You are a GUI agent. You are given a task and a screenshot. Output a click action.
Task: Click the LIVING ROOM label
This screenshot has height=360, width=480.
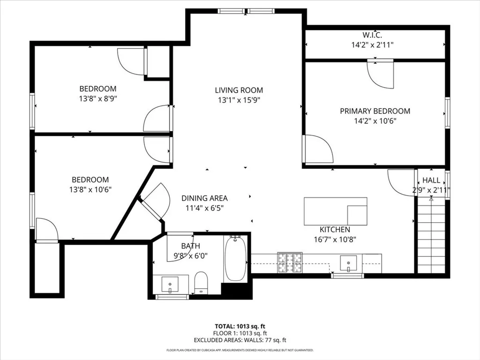pos(239,90)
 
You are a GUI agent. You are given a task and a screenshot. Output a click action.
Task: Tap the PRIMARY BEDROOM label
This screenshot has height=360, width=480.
pos(375,111)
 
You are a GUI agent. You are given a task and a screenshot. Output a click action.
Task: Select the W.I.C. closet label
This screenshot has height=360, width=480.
pos(372,35)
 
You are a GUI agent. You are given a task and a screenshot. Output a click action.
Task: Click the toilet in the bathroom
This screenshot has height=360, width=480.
pos(201,283)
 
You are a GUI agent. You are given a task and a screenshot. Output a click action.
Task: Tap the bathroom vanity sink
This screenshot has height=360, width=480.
pos(169,284)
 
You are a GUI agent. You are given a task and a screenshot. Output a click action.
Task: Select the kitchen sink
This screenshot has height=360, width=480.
pos(348,263)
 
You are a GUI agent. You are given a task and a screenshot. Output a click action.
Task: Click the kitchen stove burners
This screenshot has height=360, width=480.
pos(290,262)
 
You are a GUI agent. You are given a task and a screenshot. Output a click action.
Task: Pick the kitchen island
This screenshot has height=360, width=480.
pos(335,211)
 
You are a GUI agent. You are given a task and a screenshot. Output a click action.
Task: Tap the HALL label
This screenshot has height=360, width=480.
pos(431,180)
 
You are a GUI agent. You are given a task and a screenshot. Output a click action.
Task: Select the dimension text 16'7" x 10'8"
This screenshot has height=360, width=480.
pos(335,239)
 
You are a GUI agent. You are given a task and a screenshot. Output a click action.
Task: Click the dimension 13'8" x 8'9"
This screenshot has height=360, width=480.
pos(97,99)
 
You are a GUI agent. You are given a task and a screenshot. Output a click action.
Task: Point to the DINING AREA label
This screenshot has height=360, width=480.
pos(204,198)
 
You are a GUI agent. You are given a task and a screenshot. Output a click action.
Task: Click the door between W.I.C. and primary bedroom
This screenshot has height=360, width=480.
pos(380,74)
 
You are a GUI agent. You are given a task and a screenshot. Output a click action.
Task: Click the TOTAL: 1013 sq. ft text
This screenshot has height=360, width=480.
pos(240,326)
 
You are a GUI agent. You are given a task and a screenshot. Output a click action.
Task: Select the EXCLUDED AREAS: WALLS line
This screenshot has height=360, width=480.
pos(240,340)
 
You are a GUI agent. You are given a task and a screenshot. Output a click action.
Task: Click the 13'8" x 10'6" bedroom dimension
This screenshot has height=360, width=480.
pos(90,189)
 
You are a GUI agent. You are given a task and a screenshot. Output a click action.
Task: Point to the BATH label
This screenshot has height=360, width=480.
pos(190,246)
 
